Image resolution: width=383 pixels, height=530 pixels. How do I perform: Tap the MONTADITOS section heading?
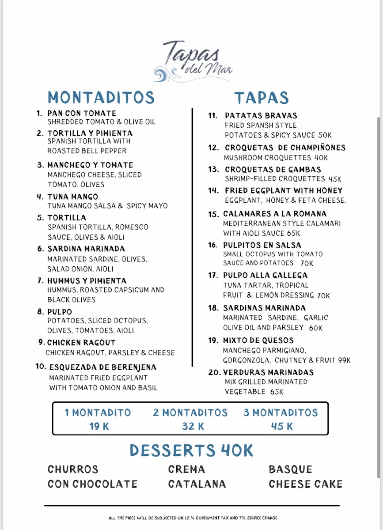click(x=101, y=98)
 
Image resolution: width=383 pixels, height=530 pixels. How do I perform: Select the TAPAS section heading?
click(x=261, y=98)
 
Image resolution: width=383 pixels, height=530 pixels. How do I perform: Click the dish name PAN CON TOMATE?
click(x=82, y=114)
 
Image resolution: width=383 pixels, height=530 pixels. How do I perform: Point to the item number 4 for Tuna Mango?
click(x=39, y=197)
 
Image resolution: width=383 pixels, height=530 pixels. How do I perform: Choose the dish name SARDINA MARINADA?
click(x=86, y=249)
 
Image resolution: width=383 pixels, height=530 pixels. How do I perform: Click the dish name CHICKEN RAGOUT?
click(x=81, y=343)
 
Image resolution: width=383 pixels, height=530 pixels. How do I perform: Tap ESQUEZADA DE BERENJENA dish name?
click(x=102, y=367)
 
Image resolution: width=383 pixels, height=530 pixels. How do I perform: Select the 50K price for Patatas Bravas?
click(x=325, y=136)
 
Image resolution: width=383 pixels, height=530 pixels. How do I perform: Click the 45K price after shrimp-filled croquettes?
click(x=335, y=179)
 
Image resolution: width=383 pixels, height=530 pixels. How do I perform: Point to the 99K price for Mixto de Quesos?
click(x=343, y=360)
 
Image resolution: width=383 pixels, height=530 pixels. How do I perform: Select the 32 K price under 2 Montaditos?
click(x=193, y=427)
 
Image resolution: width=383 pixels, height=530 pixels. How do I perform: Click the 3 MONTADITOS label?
click(x=281, y=413)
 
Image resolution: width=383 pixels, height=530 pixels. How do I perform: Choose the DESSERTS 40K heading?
click(x=191, y=451)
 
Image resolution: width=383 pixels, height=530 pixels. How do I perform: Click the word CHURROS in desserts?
click(x=73, y=469)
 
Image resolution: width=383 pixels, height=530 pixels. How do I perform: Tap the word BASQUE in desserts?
click(x=290, y=469)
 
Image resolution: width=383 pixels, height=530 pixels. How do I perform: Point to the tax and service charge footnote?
click(x=193, y=518)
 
